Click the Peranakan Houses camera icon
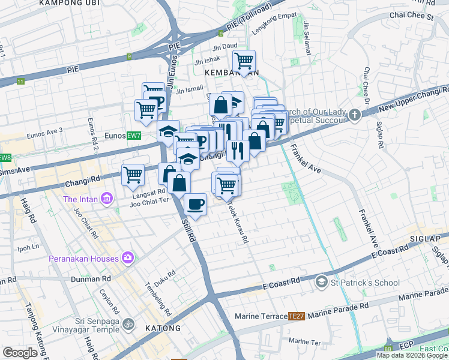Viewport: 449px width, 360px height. tap(127, 258)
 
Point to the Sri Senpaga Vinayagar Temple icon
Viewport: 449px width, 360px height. tap(127, 325)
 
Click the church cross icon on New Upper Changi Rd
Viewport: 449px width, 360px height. tap(355, 114)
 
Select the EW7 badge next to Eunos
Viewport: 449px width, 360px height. tap(133, 136)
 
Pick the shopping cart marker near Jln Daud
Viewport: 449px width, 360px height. tap(244, 61)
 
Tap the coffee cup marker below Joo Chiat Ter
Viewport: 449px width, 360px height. tap(195, 205)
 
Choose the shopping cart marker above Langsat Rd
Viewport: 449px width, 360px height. tap(133, 175)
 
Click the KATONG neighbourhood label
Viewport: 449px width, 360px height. tap(163, 328)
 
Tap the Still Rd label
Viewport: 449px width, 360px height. tap(188, 231)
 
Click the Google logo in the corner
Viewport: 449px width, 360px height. tap(20, 353)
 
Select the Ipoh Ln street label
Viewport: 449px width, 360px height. tap(28, 247)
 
